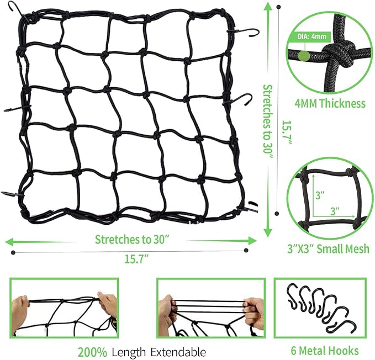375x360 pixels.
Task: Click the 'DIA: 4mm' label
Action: click(311, 36)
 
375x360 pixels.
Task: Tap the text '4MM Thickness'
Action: click(330, 103)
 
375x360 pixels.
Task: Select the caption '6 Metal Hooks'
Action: click(325, 351)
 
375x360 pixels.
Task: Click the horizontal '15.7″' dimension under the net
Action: click(137, 259)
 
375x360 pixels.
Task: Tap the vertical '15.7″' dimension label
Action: click(287, 132)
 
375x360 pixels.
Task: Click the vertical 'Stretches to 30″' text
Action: click(268, 123)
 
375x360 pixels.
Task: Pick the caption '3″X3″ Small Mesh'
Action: click(328, 249)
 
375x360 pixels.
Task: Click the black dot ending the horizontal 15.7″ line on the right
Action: click(246, 250)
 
